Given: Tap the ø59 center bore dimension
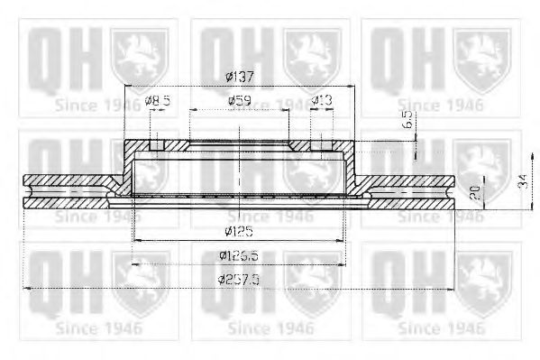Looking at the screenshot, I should pyautogui.click(x=238, y=101).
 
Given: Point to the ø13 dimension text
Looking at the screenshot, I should pyautogui.click(x=322, y=101).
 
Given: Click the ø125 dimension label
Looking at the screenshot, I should pyautogui.click(x=238, y=231).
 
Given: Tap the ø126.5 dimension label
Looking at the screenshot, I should pyautogui.click(x=238, y=255).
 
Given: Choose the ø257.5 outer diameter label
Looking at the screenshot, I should pyautogui.click(x=238, y=279).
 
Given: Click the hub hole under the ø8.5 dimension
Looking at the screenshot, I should pyautogui.click(x=156, y=144).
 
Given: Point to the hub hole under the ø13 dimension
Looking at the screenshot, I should pyautogui.click(x=322, y=144).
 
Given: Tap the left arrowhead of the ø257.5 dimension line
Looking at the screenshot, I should pyautogui.click(x=26, y=288).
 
